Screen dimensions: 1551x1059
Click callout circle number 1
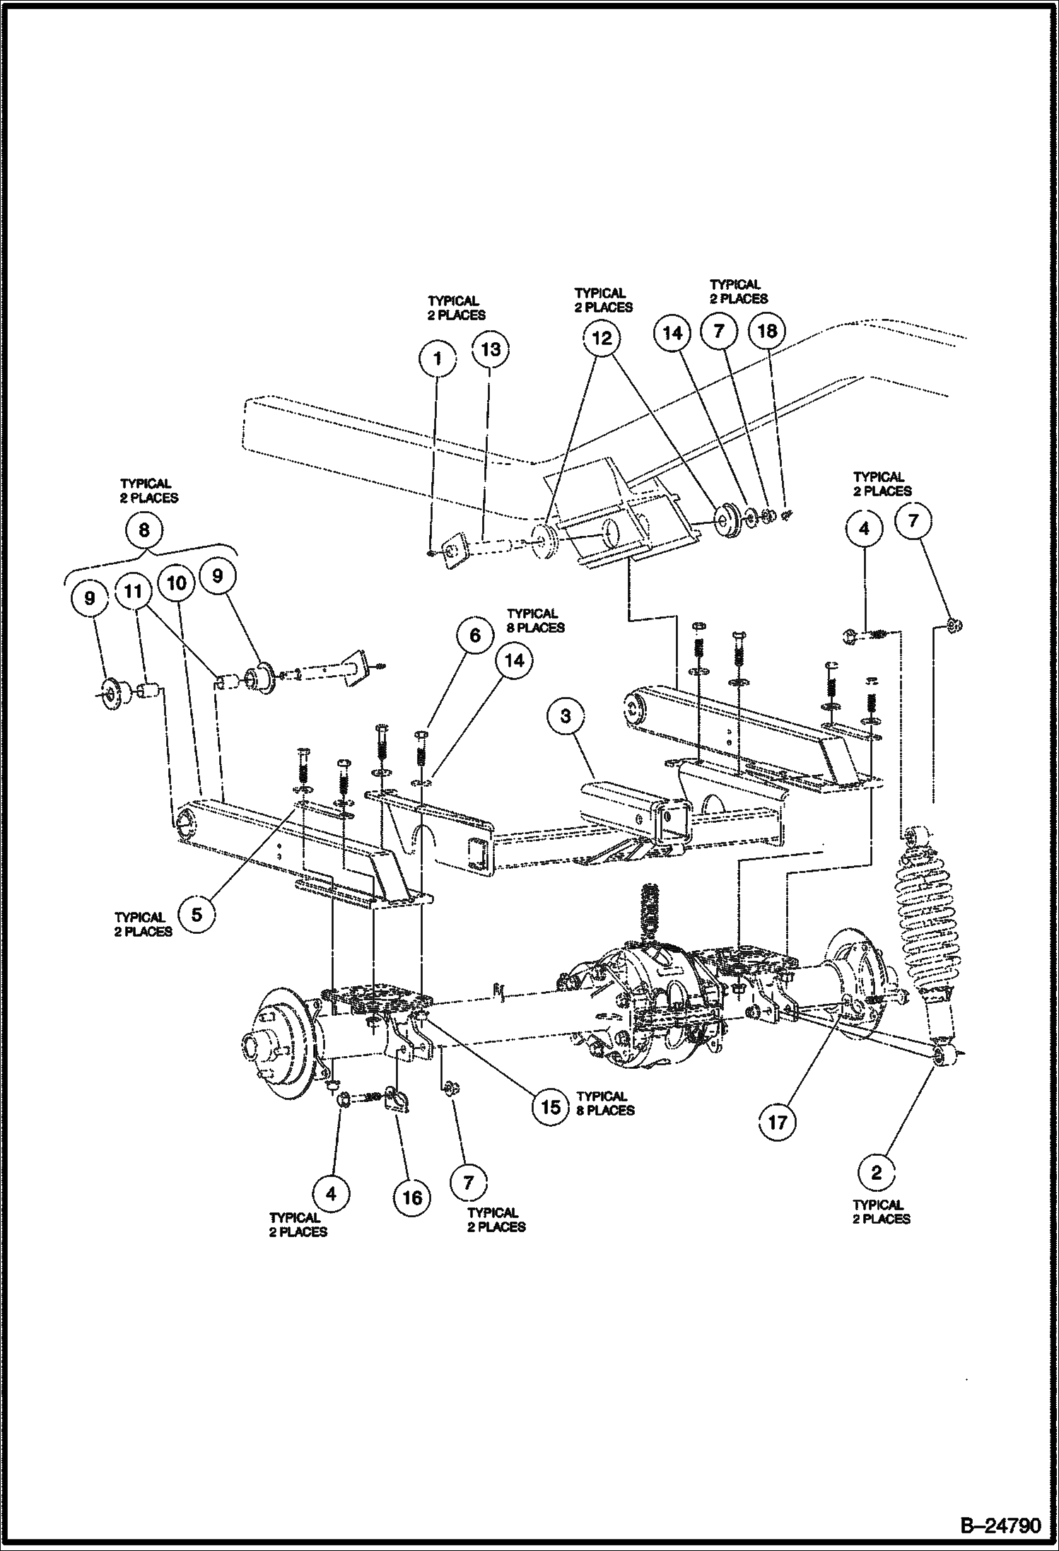438,358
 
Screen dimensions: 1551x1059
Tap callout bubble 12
602,339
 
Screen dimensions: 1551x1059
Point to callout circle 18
767,331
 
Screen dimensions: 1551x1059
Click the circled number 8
144,529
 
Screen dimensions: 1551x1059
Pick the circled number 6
474,636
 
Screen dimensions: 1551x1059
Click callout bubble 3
566,715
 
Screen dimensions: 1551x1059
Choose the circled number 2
877,1174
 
